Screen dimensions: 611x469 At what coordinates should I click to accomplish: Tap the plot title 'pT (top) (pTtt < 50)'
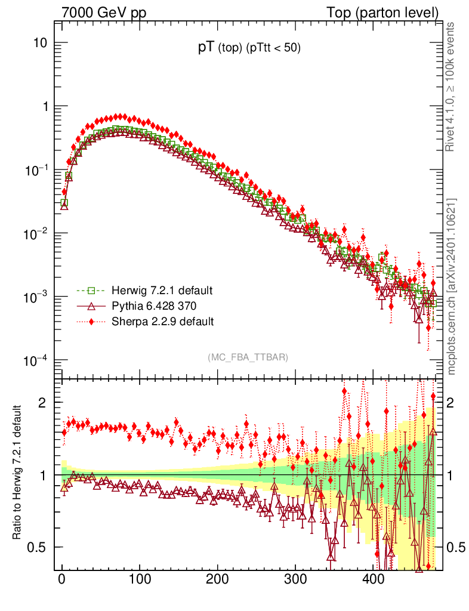point(249,49)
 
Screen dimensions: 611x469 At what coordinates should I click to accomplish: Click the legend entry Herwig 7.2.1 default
point(162,291)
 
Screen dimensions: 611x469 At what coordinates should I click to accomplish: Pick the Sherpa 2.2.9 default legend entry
point(162,322)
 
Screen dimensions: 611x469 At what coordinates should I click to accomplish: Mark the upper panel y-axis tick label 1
point(44,107)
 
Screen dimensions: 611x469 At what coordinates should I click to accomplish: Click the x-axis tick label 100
point(140,579)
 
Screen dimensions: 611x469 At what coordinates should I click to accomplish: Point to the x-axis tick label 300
point(295,579)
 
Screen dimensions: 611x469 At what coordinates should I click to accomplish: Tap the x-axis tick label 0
point(62,579)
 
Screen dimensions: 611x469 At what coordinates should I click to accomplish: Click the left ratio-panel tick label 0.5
point(39,547)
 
